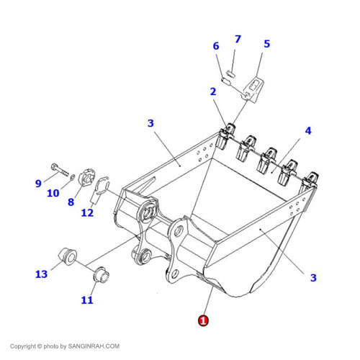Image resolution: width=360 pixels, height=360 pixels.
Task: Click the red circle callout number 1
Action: point(203,320)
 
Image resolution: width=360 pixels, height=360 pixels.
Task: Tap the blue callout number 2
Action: point(213,91)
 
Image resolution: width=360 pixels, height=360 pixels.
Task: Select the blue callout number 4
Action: point(308,130)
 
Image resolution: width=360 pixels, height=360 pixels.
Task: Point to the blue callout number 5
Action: point(267,44)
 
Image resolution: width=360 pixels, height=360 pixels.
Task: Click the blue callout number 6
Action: point(216,46)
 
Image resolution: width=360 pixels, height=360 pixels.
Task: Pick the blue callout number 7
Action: point(238,39)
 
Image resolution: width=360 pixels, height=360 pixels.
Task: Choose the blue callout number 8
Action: point(71,202)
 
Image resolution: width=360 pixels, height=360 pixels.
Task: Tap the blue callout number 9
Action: point(38,184)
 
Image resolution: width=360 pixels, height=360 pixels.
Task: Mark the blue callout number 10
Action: point(53,193)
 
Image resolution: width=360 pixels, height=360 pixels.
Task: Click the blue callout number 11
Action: point(87,300)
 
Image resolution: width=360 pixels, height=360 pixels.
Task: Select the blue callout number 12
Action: point(87,212)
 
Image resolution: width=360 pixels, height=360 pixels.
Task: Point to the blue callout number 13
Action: point(41,274)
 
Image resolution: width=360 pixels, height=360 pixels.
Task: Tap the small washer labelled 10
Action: point(72,177)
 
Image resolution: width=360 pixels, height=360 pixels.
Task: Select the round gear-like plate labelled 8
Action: point(87,177)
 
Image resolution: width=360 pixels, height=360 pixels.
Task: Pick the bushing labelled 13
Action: point(68,256)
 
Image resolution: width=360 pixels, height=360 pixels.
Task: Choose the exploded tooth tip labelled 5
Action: point(253,89)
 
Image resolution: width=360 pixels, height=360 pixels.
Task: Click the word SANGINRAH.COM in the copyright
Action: point(94,346)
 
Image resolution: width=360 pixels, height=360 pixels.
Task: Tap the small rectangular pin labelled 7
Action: point(230,73)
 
